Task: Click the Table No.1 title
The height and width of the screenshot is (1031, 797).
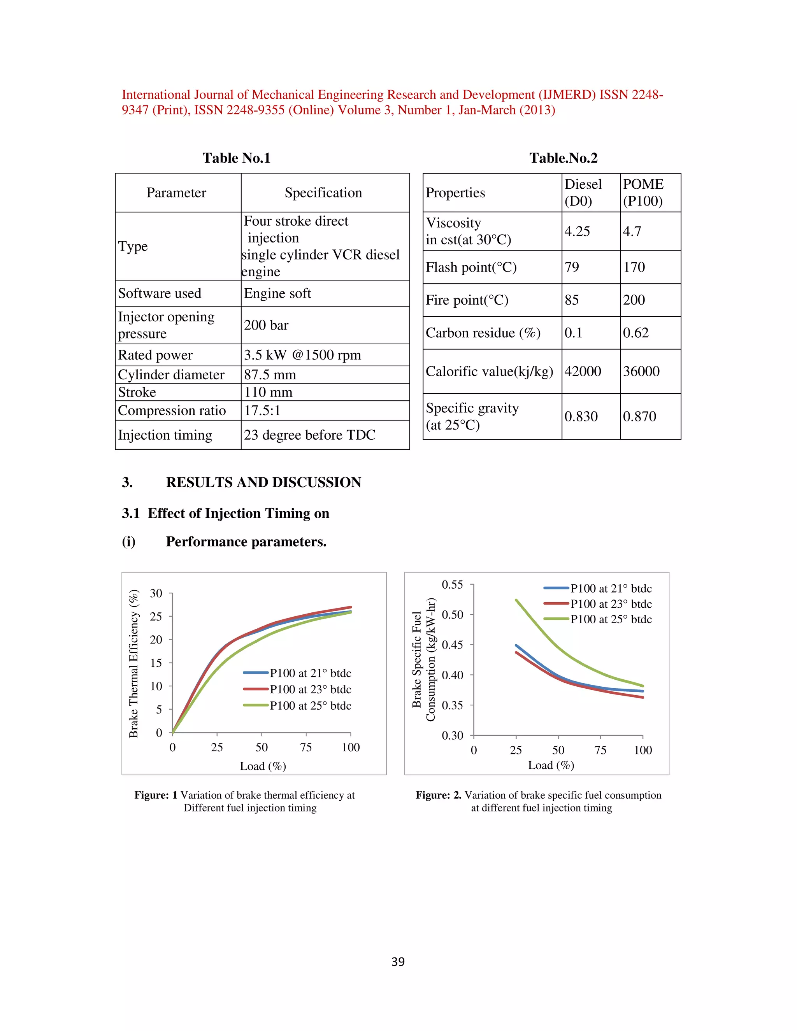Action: point(236,158)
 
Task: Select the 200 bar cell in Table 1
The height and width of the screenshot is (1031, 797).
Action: point(266,325)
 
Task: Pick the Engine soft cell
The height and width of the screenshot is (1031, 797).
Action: point(277,294)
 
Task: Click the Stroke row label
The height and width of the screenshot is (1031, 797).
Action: point(137,392)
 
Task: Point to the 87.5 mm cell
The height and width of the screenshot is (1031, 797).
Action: point(270,375)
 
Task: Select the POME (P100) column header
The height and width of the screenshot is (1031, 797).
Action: point(643,193)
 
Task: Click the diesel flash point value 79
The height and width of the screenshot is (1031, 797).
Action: point(572,267)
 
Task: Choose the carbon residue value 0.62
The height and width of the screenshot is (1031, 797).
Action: point(635,333)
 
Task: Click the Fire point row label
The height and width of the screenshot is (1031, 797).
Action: point(467,300)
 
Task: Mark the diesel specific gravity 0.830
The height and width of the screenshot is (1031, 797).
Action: point(581,416)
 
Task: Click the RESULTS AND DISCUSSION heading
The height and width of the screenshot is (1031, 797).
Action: point(263,482)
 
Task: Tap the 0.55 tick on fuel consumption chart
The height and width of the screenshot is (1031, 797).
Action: point(452,585)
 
